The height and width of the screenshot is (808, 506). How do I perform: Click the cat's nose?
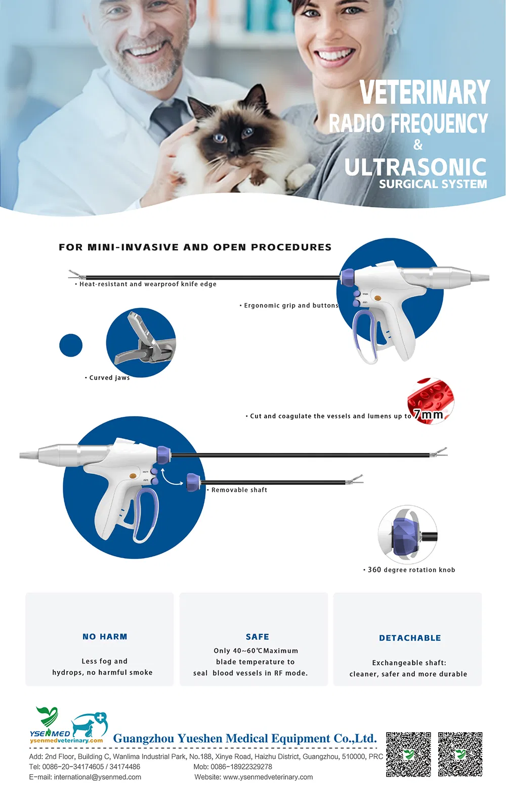click(234, 147)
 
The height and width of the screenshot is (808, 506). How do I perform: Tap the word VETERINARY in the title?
click(425, 93)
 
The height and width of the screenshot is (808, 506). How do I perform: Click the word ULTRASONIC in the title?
click(415, 167)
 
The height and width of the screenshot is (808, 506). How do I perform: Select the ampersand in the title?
click(418, 145)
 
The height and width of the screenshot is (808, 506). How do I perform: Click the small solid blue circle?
click(71, 345)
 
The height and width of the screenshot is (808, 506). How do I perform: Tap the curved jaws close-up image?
click(141, 342)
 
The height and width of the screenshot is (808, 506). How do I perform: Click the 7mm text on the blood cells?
click(429, 415)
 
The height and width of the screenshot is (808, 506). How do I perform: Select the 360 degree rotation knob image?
click(407, 534)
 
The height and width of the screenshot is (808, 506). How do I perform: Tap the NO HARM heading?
click(105, 637)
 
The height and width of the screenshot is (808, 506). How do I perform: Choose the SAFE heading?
click(258, 637)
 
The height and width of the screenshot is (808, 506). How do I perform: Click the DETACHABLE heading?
click(410, 638)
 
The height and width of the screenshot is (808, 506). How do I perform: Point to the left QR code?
click(408, 754)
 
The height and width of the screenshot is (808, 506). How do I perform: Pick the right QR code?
click(460, 754)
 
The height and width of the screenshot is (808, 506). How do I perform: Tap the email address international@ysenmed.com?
click(98, 777)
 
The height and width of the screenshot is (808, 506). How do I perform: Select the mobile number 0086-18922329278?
click(241, 767)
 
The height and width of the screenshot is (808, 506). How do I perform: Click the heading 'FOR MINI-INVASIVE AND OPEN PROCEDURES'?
click(195, 247)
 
